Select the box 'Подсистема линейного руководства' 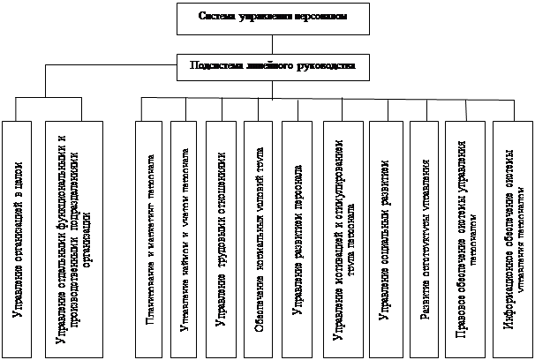pyautogui.click(x=267, y=65)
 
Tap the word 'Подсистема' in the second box pyautogui.click(x=215, y=65)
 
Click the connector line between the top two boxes pyautogui.click(x=267, y=42)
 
